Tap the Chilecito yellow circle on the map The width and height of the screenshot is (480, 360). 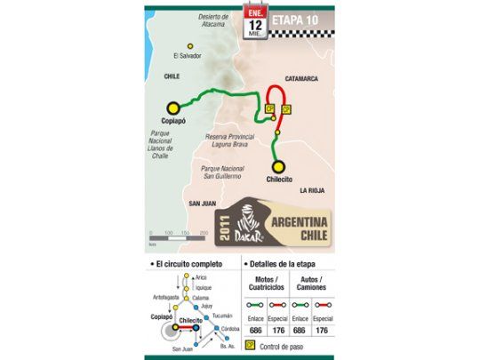(x=278, y=165)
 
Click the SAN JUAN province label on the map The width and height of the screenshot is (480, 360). (x=204, y=204)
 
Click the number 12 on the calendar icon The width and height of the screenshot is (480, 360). (x=256, y=26)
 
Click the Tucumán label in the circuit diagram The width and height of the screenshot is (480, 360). (x=223, y=315)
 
